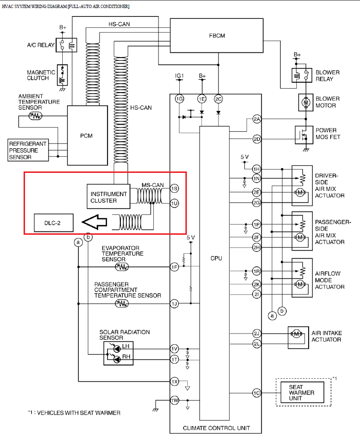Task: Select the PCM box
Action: click(x=86, y=136)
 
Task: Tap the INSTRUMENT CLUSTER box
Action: click(x=109, y=197)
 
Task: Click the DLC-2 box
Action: click(x=53, y=222)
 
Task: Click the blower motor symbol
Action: click(x=304, y=102)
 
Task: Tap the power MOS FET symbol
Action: click(x=304, y=135)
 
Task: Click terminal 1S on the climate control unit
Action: click(x=174, y=188)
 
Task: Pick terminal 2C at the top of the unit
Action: click(x=218, y=99)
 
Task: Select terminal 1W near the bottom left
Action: click(x=174, y=401)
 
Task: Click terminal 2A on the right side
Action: click(x=257, y=119)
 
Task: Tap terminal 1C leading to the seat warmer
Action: click(x=257, y=393)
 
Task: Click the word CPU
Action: click(x=217, y=258)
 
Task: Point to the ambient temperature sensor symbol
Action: click(x=36, y=115)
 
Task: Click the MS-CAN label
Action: click(x=153, y=185)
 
